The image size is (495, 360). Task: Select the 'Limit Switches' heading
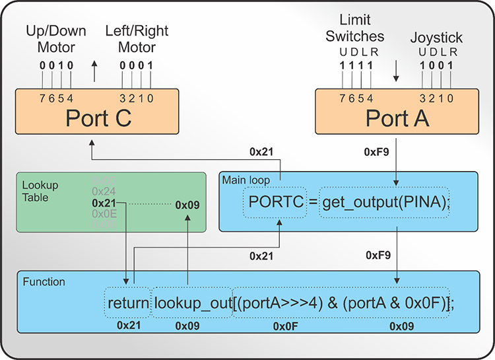coord(355,28)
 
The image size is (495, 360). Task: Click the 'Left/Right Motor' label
coord(137,39)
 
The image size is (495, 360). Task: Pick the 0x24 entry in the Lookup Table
coord(104,192)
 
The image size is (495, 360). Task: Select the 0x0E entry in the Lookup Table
coord(104,214)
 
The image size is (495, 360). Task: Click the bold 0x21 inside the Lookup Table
coord(104,203)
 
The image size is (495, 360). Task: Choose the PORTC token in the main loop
coord(275,203)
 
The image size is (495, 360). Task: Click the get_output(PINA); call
coord(385,203)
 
